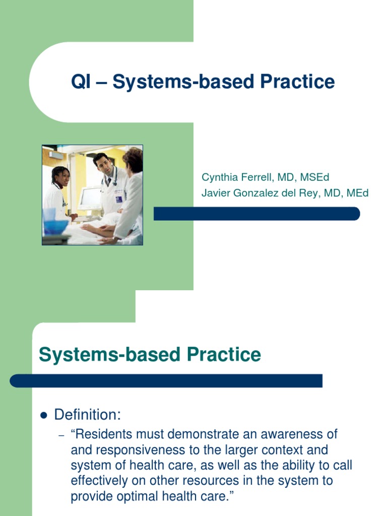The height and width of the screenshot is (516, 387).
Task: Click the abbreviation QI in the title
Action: point(82,82)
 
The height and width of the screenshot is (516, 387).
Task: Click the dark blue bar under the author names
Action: point(256,214)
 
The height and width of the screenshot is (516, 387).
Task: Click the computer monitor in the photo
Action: point(90,199)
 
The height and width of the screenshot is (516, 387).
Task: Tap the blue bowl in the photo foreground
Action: point(55,227)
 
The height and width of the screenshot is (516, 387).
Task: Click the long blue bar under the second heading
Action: point(166,380)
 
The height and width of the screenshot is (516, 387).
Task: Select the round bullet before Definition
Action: point(43,416)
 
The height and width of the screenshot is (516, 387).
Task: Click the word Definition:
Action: point(88,415)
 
